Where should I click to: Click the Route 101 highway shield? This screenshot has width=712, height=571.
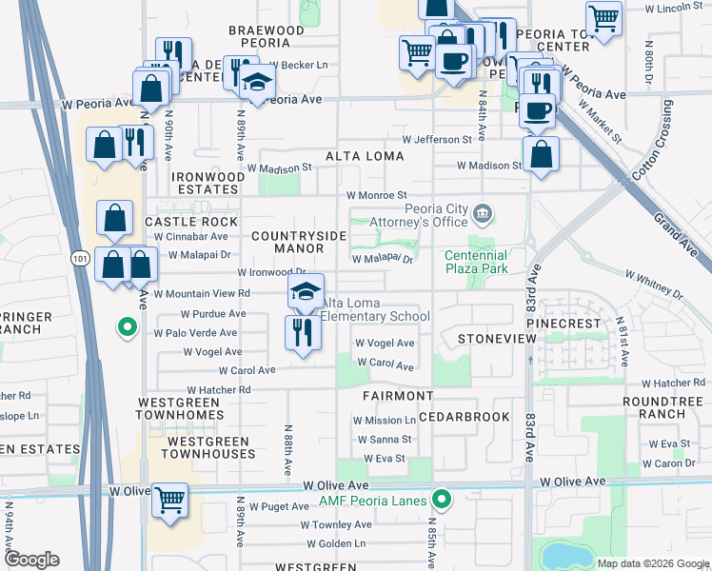point(78,257)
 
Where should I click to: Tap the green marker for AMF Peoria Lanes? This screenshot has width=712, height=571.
point(442,499)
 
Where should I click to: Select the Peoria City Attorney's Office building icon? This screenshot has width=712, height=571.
point(484,212)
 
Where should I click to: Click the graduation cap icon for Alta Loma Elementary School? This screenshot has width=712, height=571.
point(306,291)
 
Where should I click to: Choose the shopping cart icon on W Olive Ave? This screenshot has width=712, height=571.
point(169,500)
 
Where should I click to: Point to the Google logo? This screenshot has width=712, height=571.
point(31,560)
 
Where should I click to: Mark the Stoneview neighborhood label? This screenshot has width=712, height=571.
point(491,338)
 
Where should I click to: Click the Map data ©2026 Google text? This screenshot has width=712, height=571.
point(652,563)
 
